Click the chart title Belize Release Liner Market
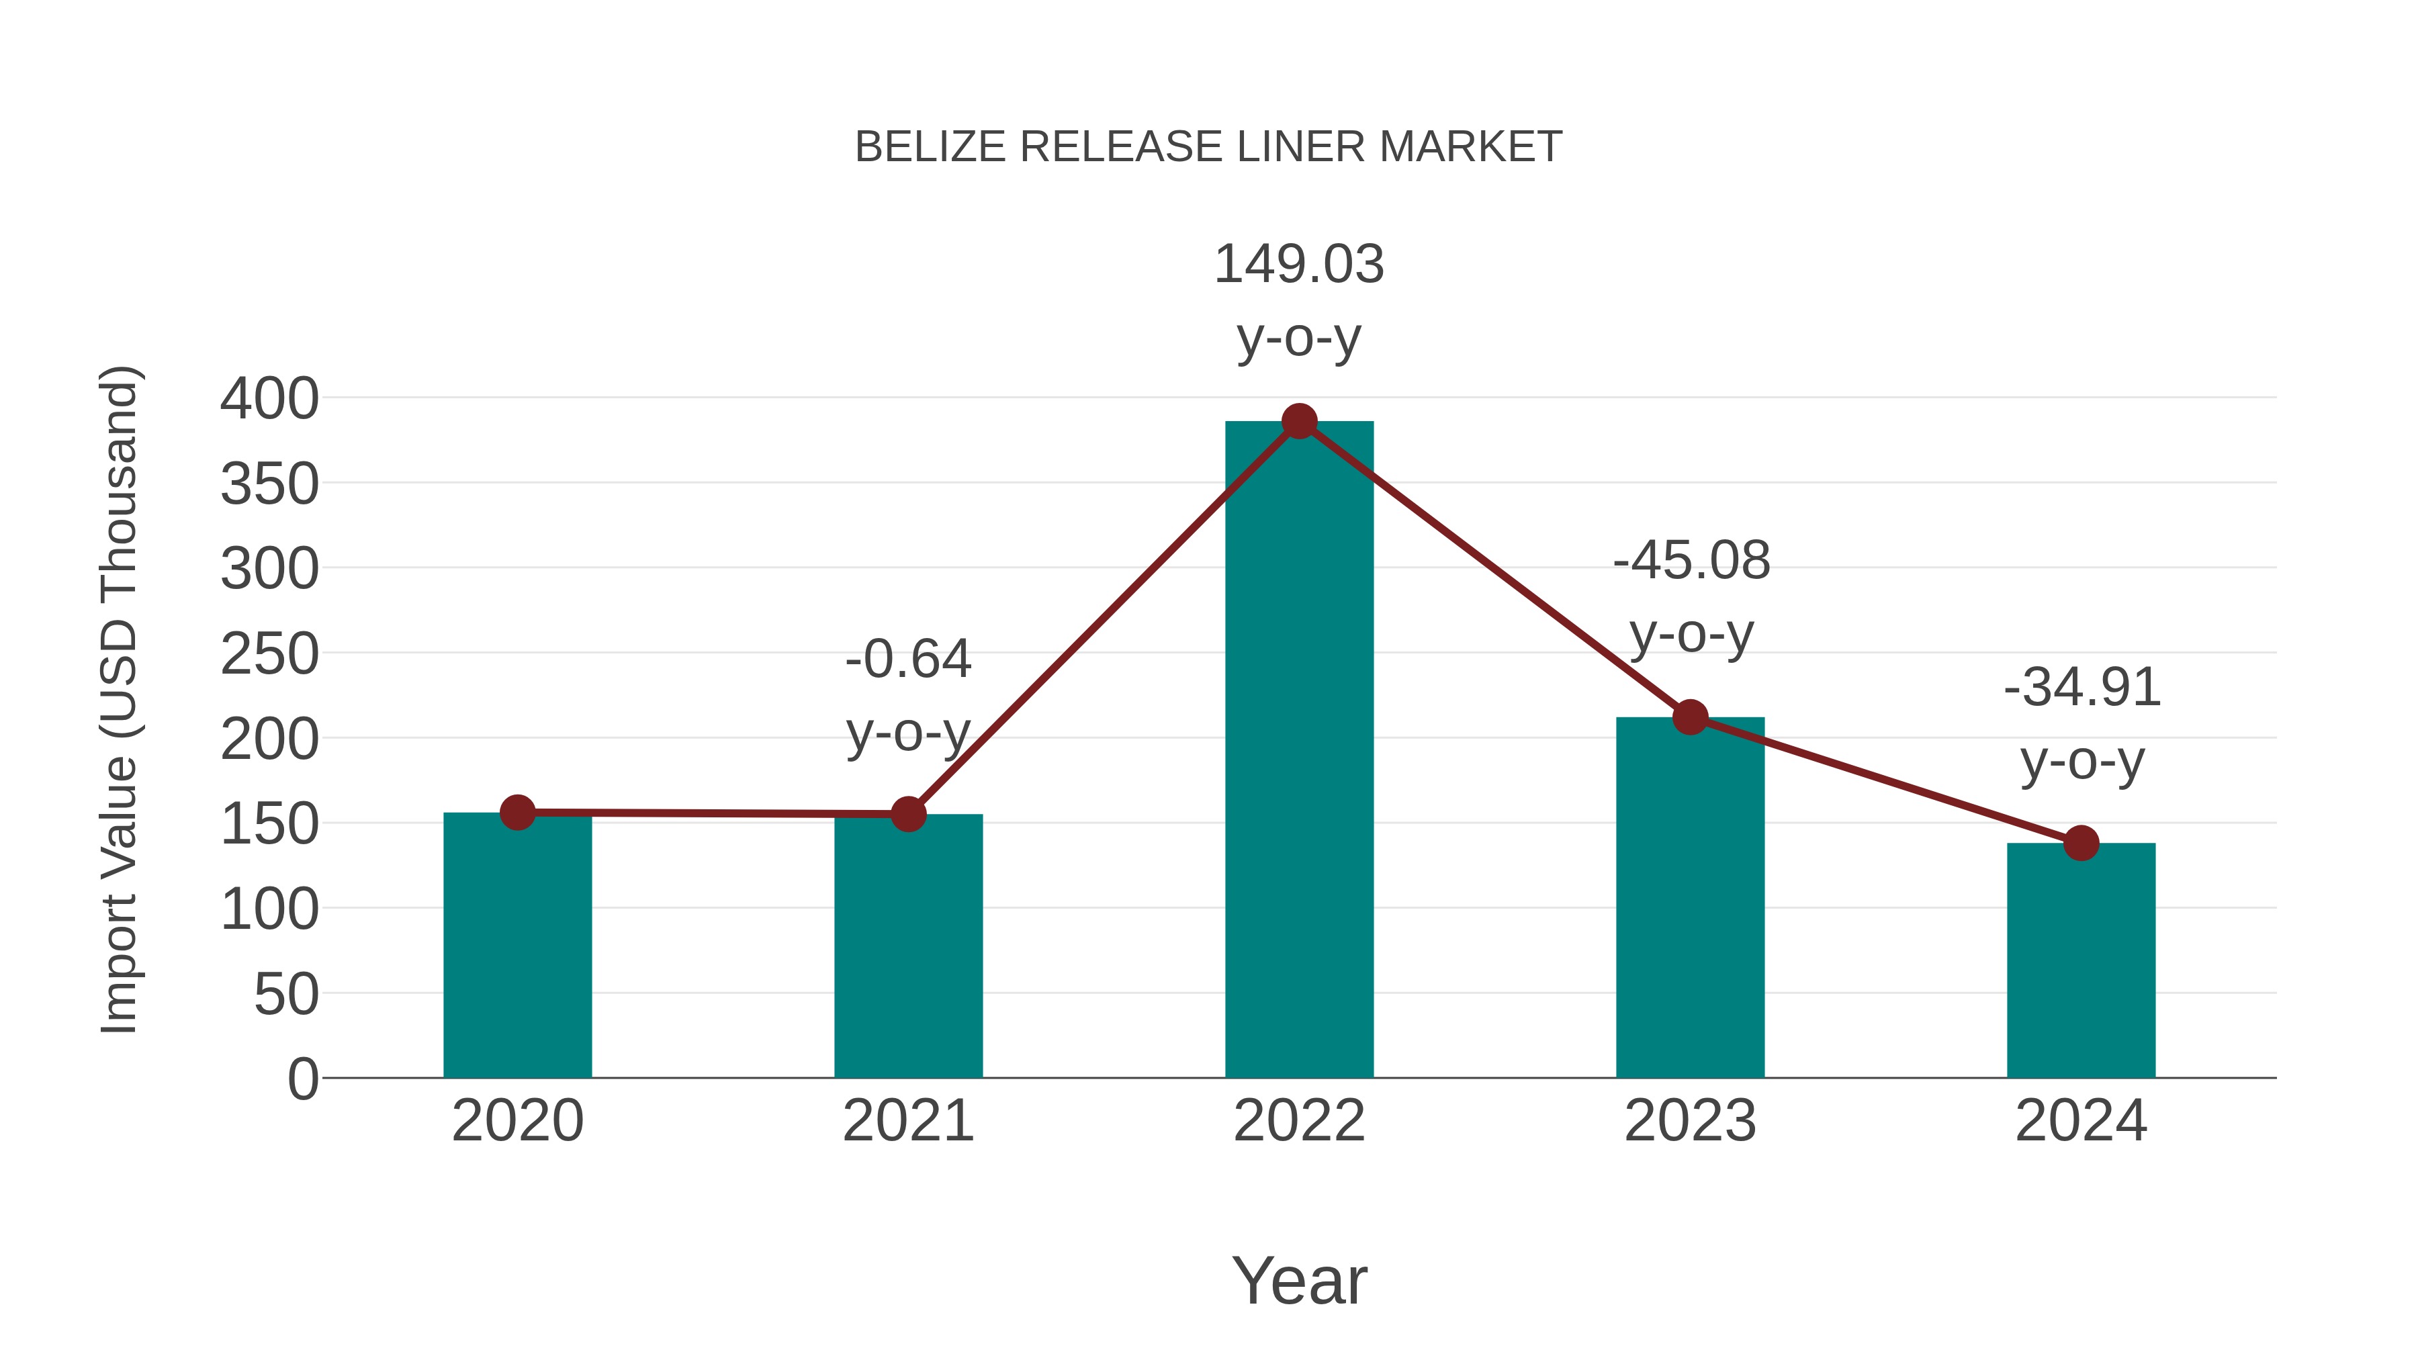tap(1208, 147)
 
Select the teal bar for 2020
tap(517, 948)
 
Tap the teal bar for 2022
tap(1299, 751)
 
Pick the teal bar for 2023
tap(1690, 901)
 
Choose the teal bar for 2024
tap(2081, 962)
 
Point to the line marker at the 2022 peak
tap(1299, 421)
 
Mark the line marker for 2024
tap(2081, 843)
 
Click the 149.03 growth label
tap(1299, 265)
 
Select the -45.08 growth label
tap(1691, 561)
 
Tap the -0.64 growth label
tap(907, 659)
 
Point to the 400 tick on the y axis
tap(269, 399)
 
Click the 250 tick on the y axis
tap(269, 654)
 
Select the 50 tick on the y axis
tap(286, 995)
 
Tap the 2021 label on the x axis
tap(907, 1121)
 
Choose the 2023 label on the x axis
tap(1690, 1121)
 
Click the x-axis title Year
tap(1299, 1281)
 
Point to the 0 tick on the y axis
tap(302, 1079)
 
